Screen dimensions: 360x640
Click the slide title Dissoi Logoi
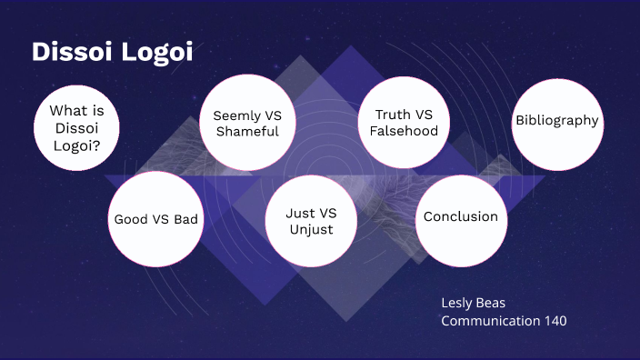tap(112, 52)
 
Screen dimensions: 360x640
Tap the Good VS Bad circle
tap(155, 219)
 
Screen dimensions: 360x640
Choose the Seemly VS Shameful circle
tap(246, 124)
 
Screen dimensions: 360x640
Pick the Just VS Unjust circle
tap(311, 221)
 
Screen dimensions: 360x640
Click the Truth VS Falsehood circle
tap(404, 123)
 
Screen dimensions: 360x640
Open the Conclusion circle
tap(460, 217)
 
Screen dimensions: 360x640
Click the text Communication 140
tap(504, 320)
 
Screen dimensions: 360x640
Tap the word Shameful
tap(246, 132)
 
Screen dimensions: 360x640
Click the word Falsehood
tap(404, 131)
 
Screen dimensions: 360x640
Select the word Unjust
tap(311, 229)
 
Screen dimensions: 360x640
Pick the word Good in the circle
tap(130, 219)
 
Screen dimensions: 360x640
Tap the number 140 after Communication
tap(555, 320)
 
